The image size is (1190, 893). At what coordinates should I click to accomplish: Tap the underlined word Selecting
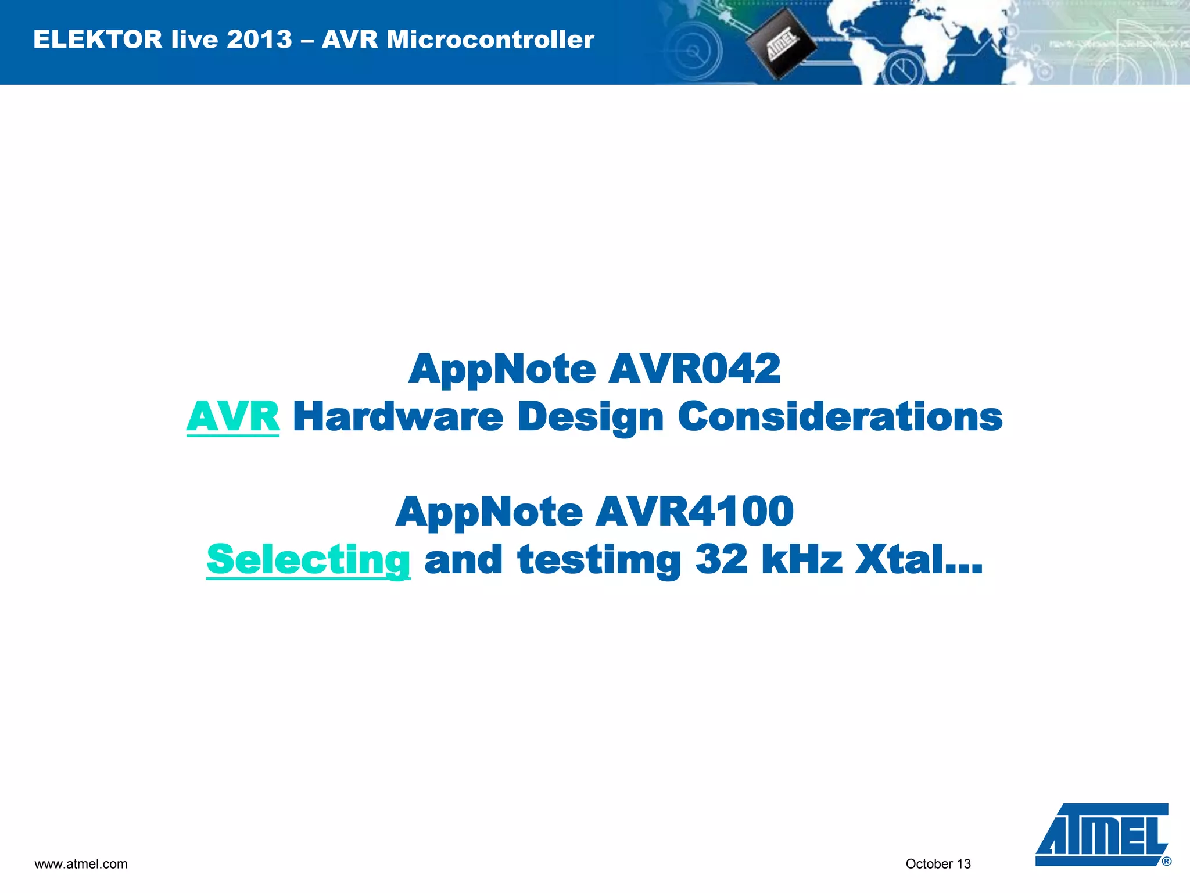(309, 559)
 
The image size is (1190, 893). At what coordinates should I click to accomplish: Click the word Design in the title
(590, 417)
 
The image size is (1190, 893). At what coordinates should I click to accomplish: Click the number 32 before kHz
(722, 559)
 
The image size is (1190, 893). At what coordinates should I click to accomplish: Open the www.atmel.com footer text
(81, 864)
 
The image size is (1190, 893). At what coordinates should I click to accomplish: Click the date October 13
(938, 864)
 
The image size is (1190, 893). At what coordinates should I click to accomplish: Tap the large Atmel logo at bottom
(1101, 835)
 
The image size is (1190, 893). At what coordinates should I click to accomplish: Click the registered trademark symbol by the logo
(1166, 862)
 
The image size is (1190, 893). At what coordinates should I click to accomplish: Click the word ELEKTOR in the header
(98, 40)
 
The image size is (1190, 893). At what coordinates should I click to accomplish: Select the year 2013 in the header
(259, 40)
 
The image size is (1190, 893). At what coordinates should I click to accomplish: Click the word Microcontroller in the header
(490, 40)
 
